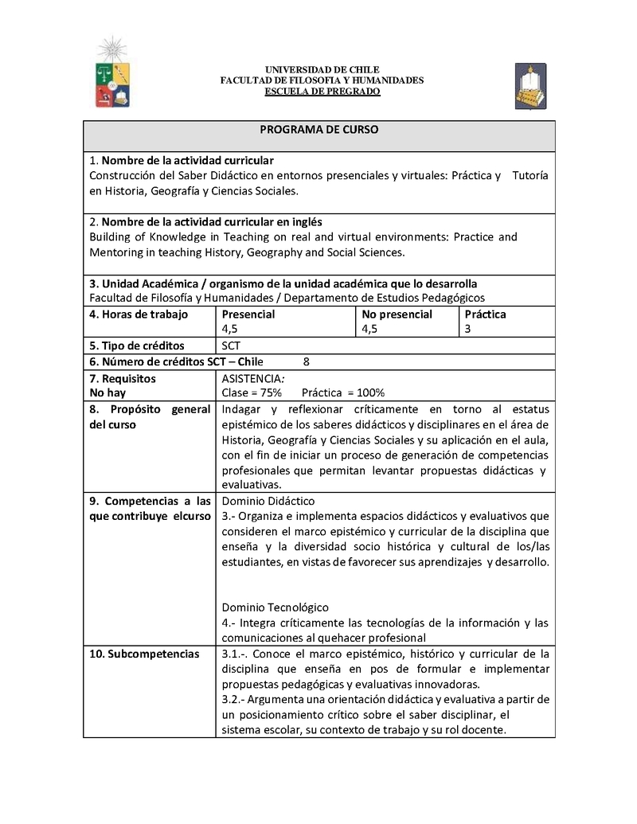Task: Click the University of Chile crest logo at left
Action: pyautogui.click(x=112, y=72)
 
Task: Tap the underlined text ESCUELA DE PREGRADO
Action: pyautogui.click(x=322, y=92)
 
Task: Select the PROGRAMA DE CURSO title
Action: pyautogui.click(x=318, y=129)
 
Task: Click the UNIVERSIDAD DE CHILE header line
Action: pyautogui.click(x=322, y=70)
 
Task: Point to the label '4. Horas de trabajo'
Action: pyautogui.click(x=139, y=314)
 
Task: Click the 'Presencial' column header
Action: pyautogui.click(x=248, y=314)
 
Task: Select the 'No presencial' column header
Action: pyautogui.click(x=397, y=314)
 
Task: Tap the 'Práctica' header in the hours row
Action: pyautogui.click(x=485, y=314)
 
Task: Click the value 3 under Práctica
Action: pyautogui.click(x=467, y=329)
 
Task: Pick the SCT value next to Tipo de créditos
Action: pyautogui.click(x=231, y=346)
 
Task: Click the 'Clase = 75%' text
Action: pyautogui.click(x=252, y=392)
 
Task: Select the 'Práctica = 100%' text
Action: pyautogui.click(x=343, y=392)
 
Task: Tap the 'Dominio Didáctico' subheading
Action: pyautogui.click(x=268, y=501)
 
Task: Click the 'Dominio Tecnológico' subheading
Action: pyautogui.click(x=275, y=607)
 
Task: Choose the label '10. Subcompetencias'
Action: pyautogui.click(x=144, y=654)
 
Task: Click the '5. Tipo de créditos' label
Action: pyautogui.click(x=136, y=346)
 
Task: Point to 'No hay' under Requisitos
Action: pyautogui.click(x=107, y=392)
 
